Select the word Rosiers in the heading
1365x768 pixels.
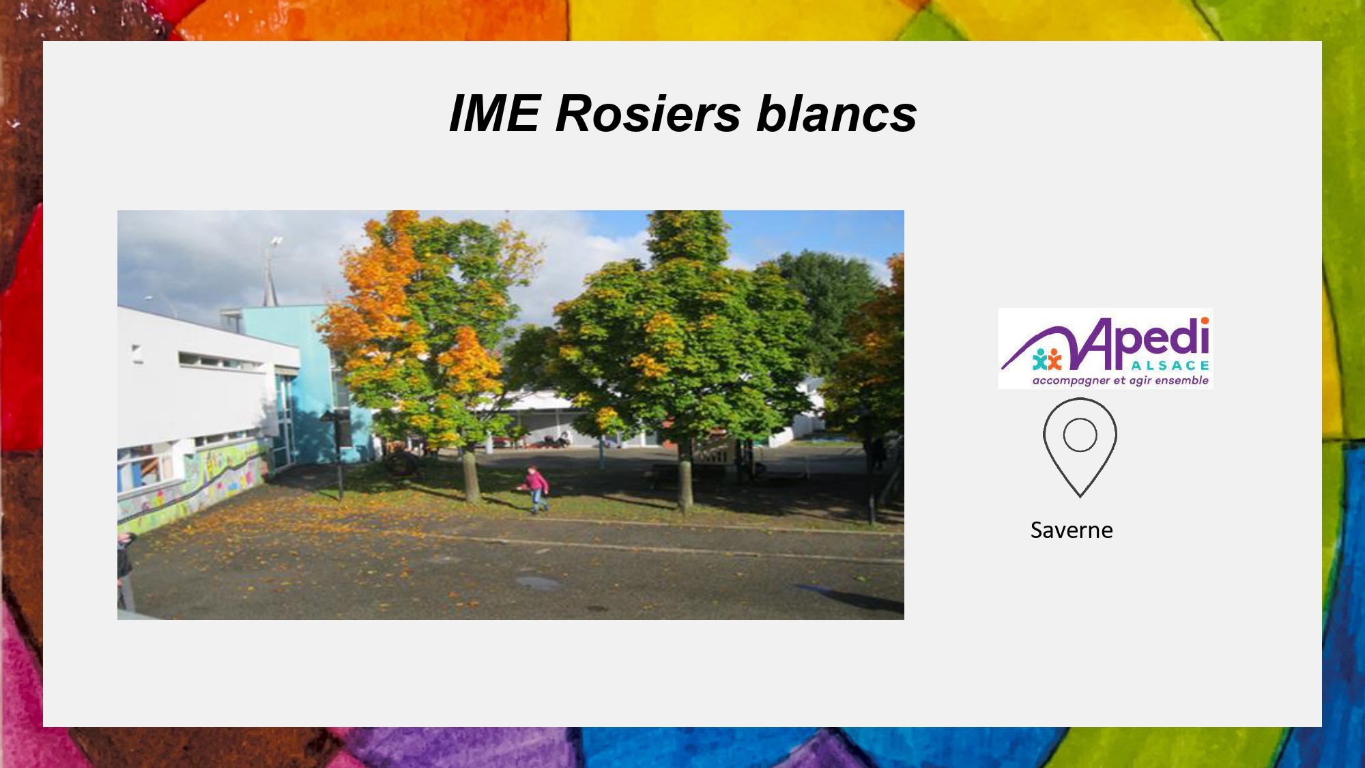tap(648, 113)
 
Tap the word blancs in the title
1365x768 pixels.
tap(837, 113)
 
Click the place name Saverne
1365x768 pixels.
tap(1072, 530)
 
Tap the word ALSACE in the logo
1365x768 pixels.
tap(1170, 366)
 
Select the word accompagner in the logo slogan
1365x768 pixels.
tap(1071, 381)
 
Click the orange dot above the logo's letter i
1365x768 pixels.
tap(1205, 321)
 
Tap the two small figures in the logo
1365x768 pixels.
tap(1047, 359)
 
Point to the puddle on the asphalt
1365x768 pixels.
tap(538, 583)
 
